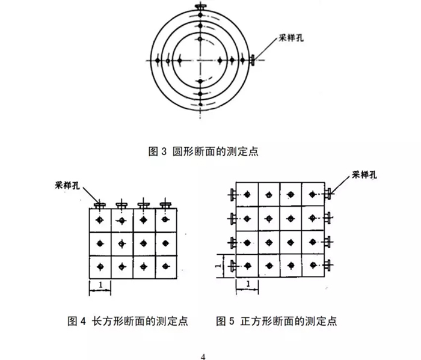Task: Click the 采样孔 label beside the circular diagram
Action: pos(291,38)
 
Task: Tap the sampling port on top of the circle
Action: pos(200,7)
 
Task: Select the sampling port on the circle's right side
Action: pos(253,60)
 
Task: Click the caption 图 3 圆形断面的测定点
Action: pos(203,151)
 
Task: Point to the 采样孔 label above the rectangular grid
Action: pos(67,185)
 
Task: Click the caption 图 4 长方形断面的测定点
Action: pos(128,321)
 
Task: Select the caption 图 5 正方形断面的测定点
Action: pos(277,321)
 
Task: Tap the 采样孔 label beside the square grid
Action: pos(364,175)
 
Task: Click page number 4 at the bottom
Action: pos(203,357)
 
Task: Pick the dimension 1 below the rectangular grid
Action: pos(100,285)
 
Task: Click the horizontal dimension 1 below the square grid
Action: pos(248,284)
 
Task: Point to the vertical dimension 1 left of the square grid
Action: pos(218,266)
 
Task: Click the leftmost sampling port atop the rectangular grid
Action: pos(100,205)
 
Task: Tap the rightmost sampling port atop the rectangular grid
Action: pos(165,204)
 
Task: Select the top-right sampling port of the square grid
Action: pos(328,194)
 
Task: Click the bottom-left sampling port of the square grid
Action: pos(233,266)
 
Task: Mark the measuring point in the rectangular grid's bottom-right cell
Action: pos(165,266)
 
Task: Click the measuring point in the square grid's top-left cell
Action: pos(247,195)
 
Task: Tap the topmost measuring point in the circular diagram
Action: pos(200,15)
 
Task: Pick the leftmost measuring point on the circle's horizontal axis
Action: pos(158,61)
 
